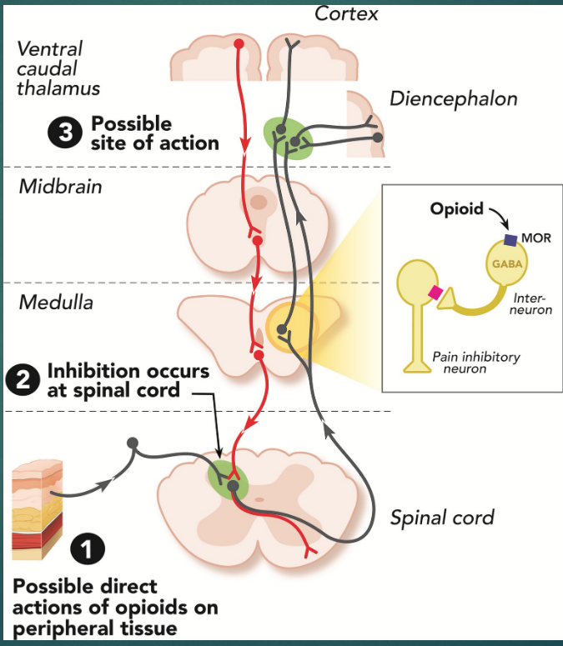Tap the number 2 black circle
[x=22, y=379]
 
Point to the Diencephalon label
[x=454, y=98]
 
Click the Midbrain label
[x=60, y=186]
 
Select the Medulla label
[x=56, y=302]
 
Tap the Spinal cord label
[x=442, y=518]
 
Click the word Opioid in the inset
[x=456, y=208]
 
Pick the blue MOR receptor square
[x=510, y=240]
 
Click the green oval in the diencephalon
[x=288, y=138]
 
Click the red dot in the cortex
[x=239, y=43]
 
